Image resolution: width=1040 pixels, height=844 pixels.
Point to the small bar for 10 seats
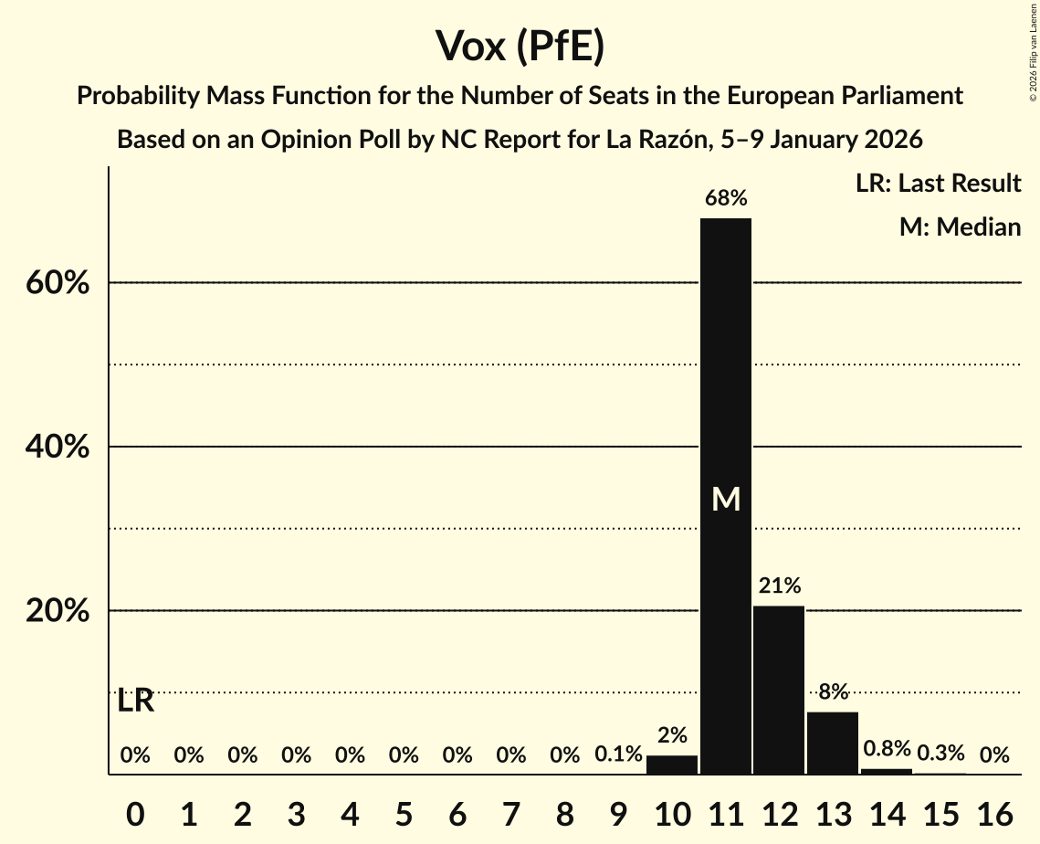(672, 765)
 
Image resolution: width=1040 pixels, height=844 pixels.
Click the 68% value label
(726, 197)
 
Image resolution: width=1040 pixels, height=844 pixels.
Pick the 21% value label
(779, 586)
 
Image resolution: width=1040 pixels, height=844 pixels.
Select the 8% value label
(833, 691)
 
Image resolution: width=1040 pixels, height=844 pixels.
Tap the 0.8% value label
(887, 749)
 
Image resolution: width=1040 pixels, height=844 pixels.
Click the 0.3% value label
(940, 754)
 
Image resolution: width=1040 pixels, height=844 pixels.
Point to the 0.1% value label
(619, 755)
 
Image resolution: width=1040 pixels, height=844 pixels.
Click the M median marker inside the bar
(726, 500)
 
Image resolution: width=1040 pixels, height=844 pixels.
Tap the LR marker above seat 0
(136, 702)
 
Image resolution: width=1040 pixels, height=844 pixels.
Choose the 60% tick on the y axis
(58, 283)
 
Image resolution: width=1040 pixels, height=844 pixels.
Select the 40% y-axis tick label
(58, 448)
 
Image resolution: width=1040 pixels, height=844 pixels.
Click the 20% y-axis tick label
(58, 611)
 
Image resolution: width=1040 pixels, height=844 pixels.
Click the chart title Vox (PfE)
(520, 46)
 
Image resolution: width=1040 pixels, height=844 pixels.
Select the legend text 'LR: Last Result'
(938, 184)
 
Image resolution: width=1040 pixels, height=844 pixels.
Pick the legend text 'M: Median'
(960, 227)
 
